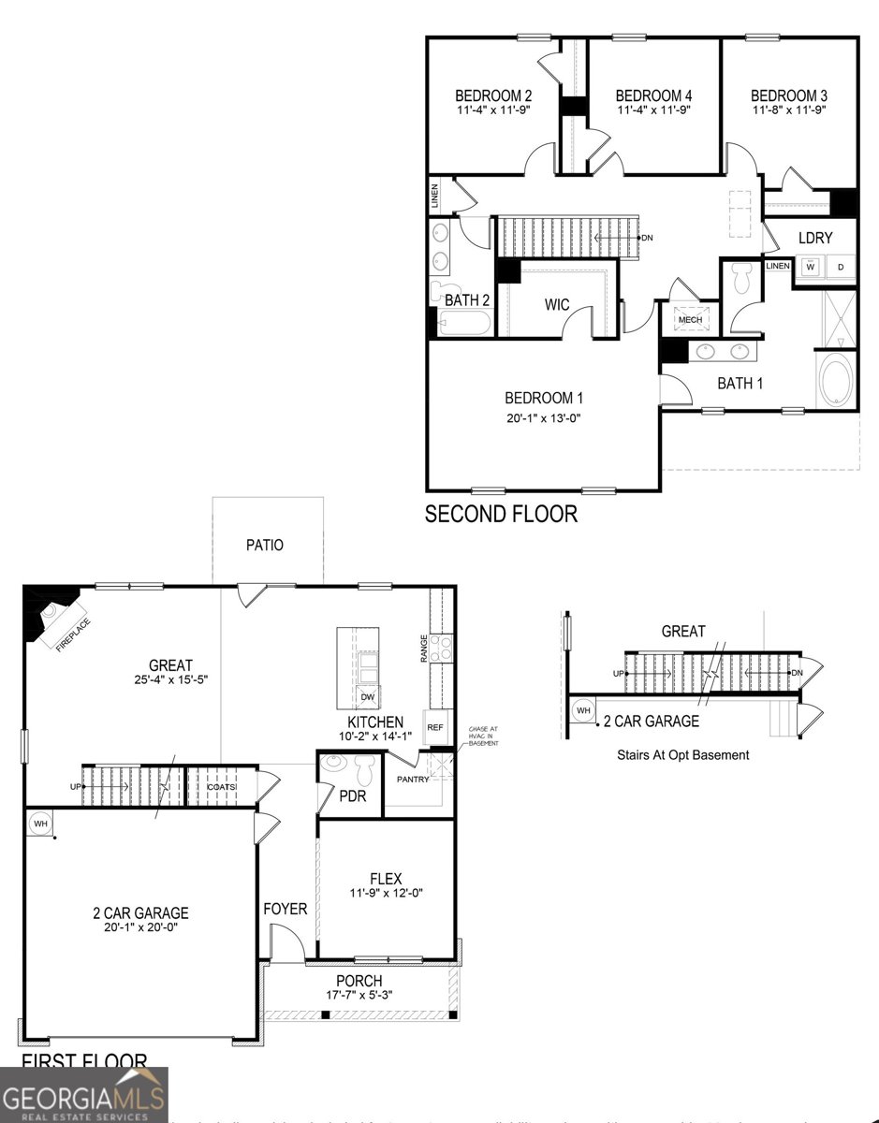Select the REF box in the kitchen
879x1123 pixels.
pyautogui.click(x=434, y=726)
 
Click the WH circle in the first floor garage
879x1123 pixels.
pyautogui.click(x=40, y=824)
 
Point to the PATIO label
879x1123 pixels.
pyautogui.click(x=265, y=545)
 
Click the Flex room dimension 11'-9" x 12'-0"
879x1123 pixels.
pyautogui.click(x=385, y=893)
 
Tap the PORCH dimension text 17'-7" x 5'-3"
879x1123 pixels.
pyautogui.click(x=359, y=995)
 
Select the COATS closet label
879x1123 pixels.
pyautogui.click(x=222, y=787)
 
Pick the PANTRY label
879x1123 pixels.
pyautogui.click(x=413, y=779)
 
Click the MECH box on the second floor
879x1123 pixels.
pyautogui.click(x=691, y=320)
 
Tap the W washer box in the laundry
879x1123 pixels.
pyautogui.click(x=811, y=268)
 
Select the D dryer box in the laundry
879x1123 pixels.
pyautogui.click(x=841, y=268)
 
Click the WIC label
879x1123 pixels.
pyautogui.click(x=557, y=305)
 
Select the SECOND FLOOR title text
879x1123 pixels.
pyautogui.click(x=501, y=514)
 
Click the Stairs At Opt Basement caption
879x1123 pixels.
pyautogui.click(x=682, y=754)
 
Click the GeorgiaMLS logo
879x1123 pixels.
pyautogui.click(x=84, y=1096)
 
